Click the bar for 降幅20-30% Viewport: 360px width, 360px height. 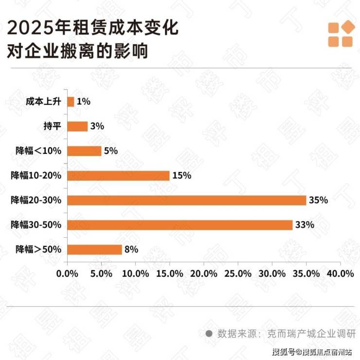187,200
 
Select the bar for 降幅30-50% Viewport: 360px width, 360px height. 180,225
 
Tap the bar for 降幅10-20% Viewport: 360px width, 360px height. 118,175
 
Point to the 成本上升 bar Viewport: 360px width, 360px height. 71,102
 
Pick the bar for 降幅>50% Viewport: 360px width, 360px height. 94,249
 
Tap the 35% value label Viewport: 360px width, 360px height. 319,200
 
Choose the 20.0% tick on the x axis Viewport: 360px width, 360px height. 204,273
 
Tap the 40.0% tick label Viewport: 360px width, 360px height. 340,273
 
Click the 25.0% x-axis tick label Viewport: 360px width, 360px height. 238,273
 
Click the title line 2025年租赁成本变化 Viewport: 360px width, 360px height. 93,28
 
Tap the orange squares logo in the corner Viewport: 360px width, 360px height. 340,34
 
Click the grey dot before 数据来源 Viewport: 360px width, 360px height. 209,334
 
